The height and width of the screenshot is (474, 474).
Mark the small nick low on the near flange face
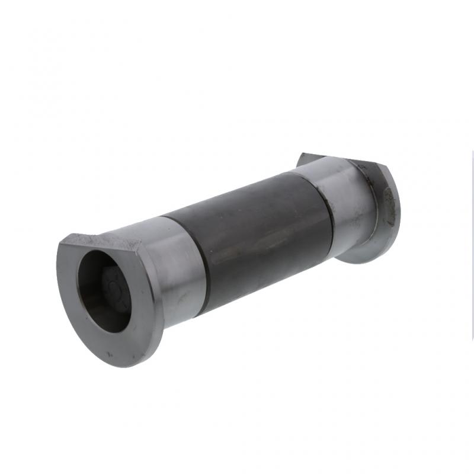(110, 354)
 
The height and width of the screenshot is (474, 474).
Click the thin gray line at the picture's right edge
(472, 237)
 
